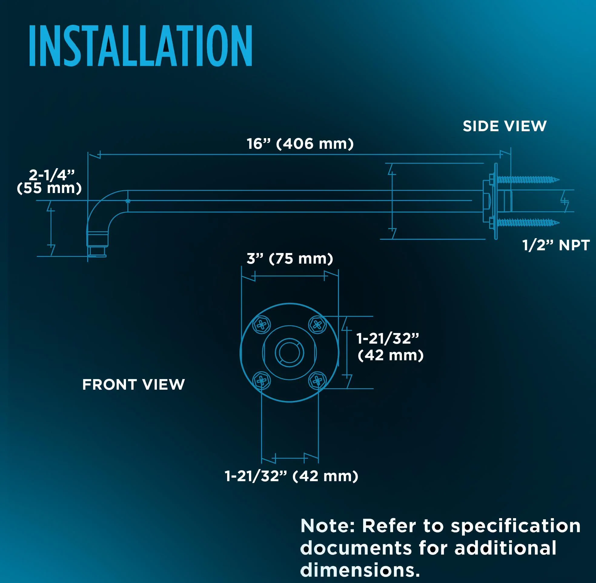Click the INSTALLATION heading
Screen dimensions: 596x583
[x=141, y=46]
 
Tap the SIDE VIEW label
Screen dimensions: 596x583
[x=505, y=126]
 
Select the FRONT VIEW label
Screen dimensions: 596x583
[x=133, y=385]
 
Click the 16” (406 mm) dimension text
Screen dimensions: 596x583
[x=300, y=144]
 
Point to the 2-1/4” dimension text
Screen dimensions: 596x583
[x=52, y=175]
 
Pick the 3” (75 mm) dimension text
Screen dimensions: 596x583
[x=290, y=258]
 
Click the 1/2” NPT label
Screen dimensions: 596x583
[x=556, y=245]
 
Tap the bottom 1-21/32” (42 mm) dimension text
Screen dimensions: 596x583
[x=291, y=476]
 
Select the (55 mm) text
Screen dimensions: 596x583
[x=49, y=188]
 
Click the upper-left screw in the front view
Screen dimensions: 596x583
[x=261, y=325]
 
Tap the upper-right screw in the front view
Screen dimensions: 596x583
[x=317, y=325]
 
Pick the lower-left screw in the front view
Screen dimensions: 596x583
[x=261, y=381]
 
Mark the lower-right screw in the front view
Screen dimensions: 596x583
[x=317, y=381]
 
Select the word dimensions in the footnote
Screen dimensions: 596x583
[x=360, y=570]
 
